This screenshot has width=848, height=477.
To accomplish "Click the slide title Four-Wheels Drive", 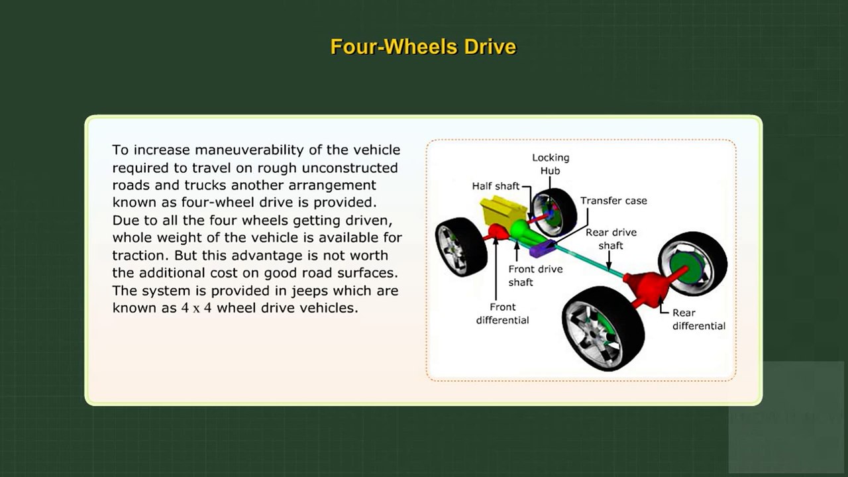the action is (423, 46).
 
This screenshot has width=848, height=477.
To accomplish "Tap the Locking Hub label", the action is (551, 164).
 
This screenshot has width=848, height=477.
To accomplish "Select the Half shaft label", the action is (496, 186).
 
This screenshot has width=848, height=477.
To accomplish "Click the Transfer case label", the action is (613, 201).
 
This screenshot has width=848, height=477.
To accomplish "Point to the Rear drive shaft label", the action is (611, 239).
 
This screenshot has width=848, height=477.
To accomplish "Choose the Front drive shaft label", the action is (535, 276).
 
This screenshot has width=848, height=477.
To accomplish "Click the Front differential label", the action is (502, 313).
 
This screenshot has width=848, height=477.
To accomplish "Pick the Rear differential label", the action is (699, 319).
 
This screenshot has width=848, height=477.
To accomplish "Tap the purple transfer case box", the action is (543, 248).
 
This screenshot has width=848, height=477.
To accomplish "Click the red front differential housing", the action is (498, 232).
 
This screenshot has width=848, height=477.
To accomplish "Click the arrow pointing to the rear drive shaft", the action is (609, 261).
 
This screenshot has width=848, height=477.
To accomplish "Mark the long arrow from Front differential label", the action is (496, 268).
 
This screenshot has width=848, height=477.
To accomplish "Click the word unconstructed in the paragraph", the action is (350, 168).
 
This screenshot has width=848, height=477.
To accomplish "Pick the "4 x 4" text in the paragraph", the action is (196, 308).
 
